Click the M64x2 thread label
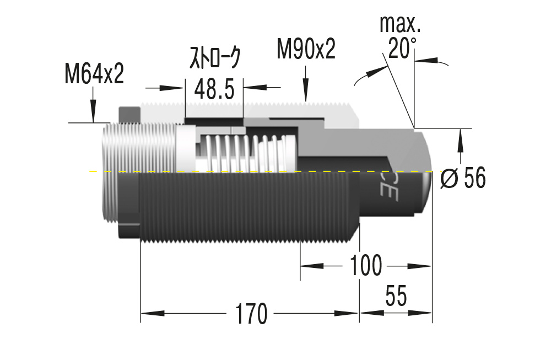[x=94, y=74]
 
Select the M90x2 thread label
[x=306, y=50]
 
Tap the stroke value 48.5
[x=214, y=88]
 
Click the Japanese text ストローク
[x=215, y=58]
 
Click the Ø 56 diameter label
[x=463, y=178]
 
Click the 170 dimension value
[x=251, y=314]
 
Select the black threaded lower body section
[x=248, y=207]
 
